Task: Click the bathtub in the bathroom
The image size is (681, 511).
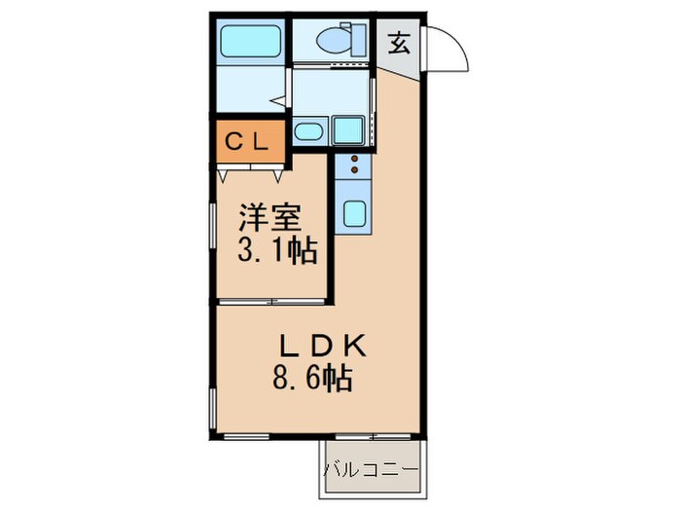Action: [249, 41]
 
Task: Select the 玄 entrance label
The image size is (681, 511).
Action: [399, 43]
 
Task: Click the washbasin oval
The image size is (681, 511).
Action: [308, 132]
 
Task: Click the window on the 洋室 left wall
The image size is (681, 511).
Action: [211, 233]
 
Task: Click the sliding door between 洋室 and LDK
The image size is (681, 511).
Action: [271, 303]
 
